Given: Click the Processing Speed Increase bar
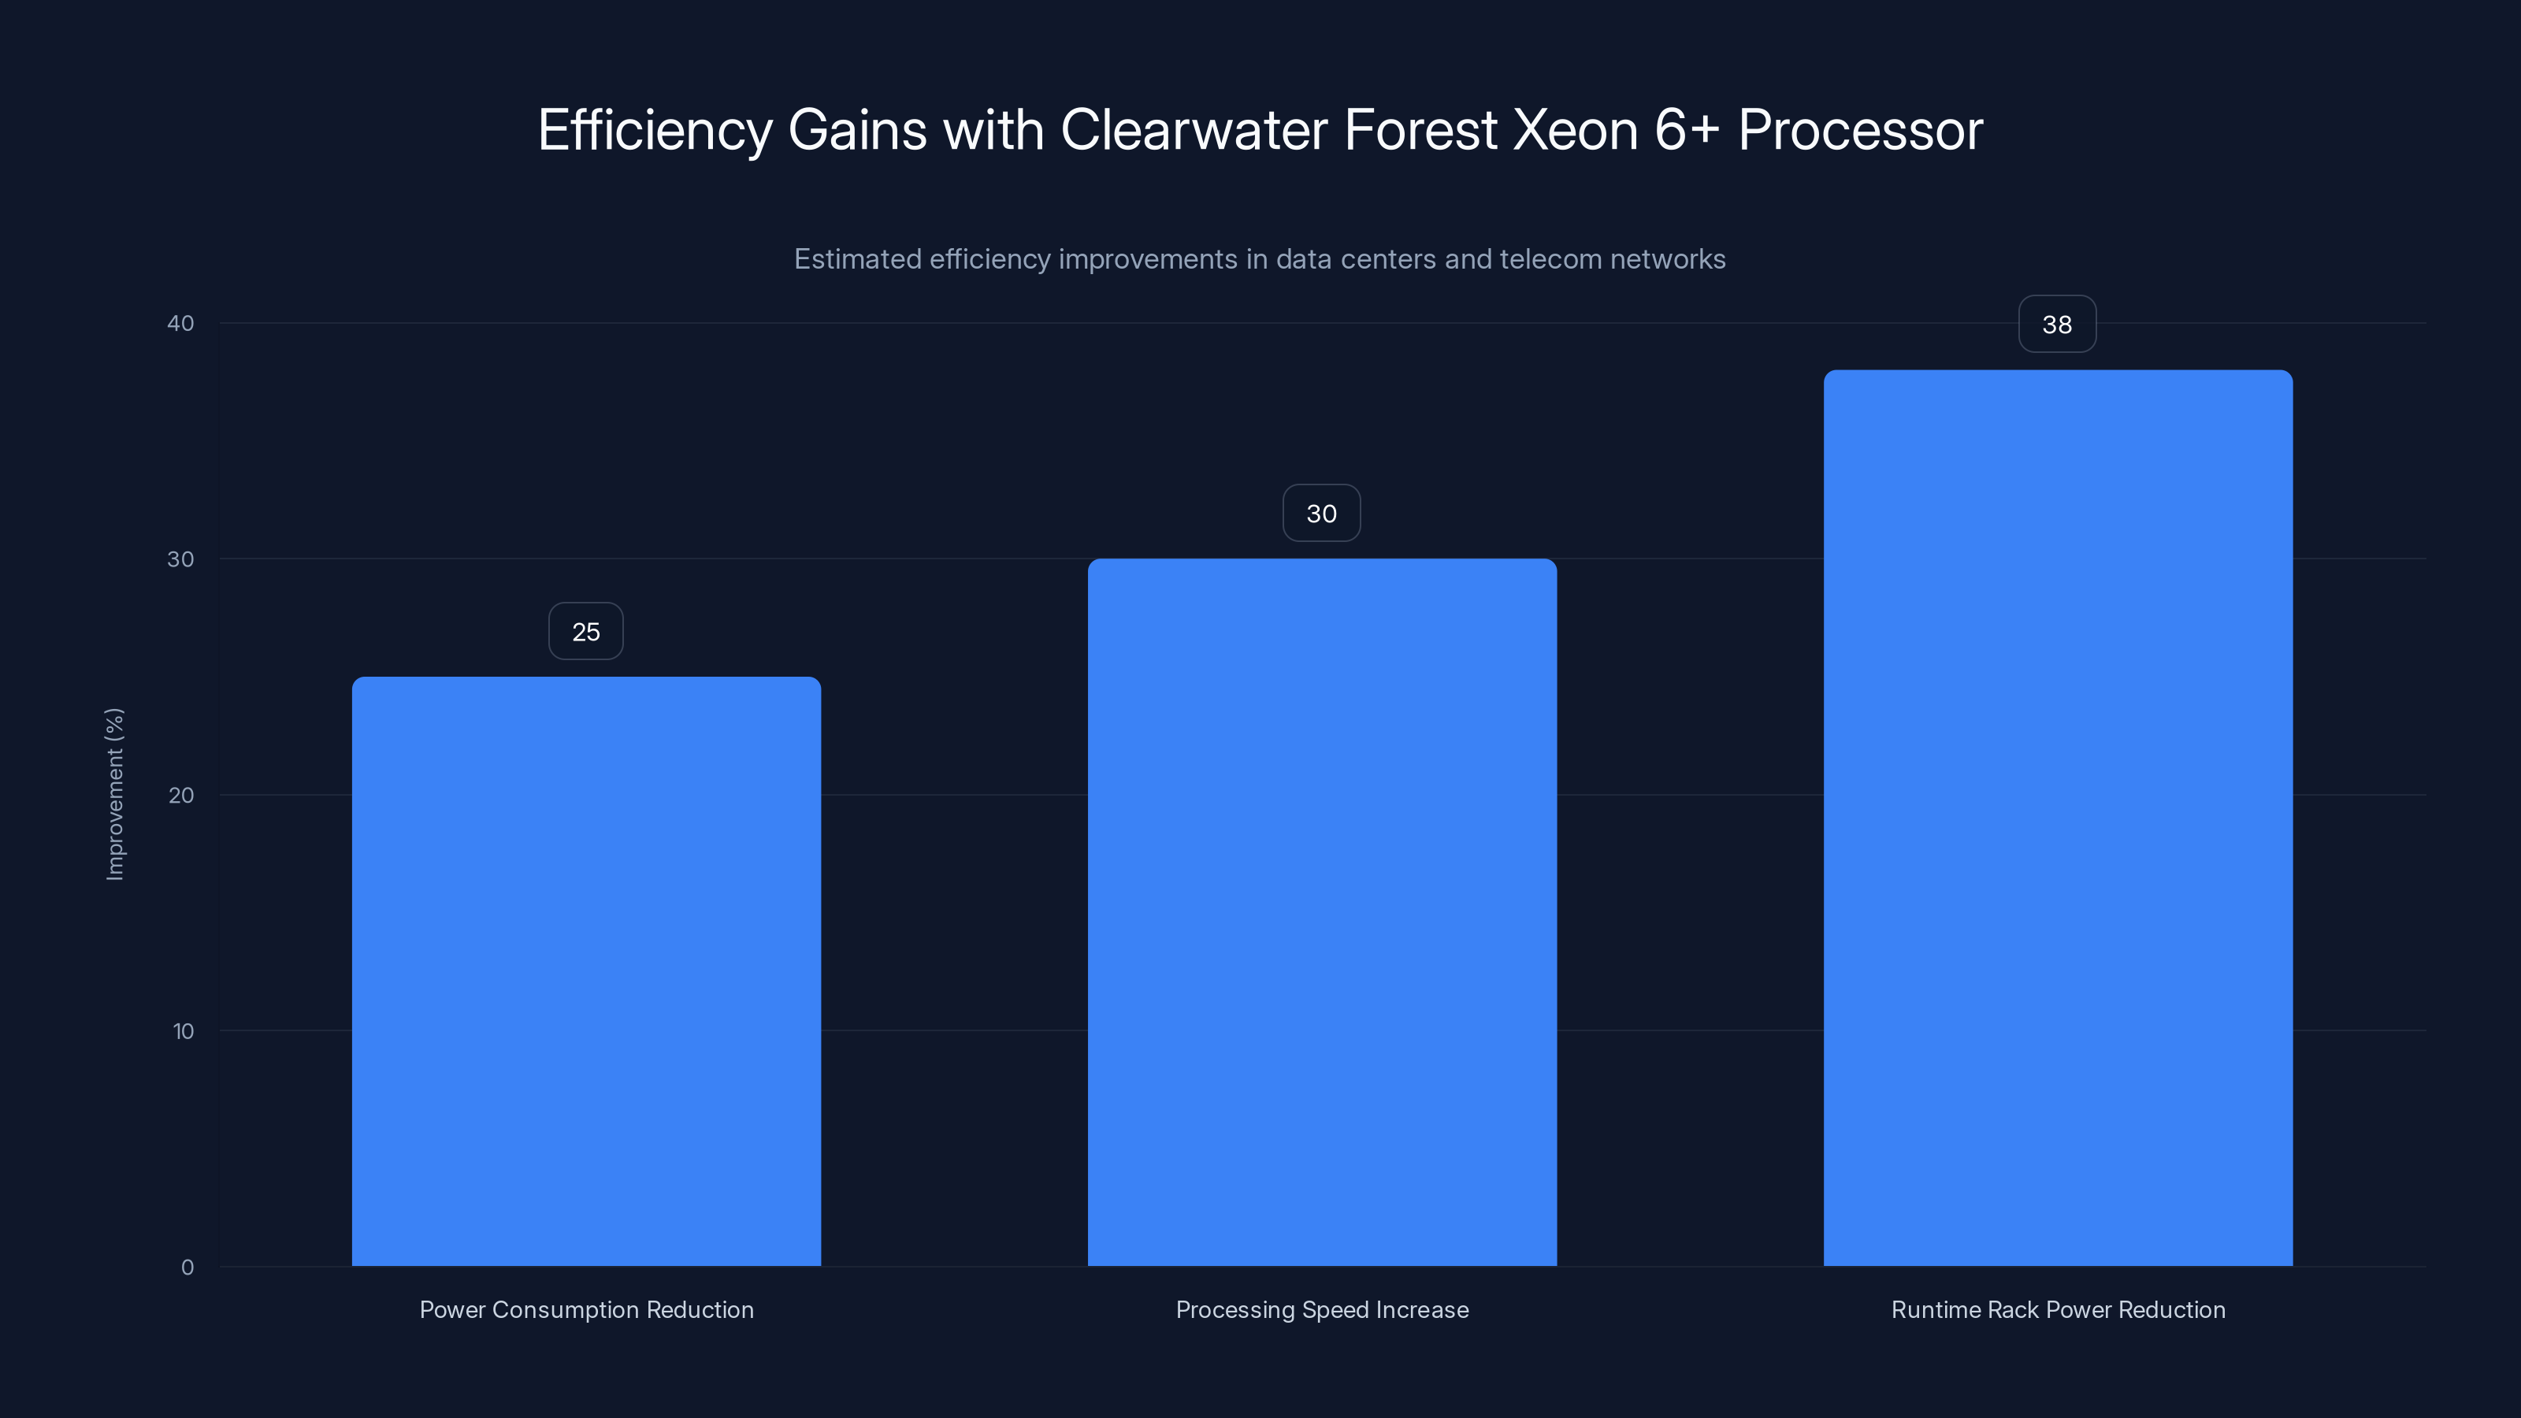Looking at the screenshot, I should pos(1321,912).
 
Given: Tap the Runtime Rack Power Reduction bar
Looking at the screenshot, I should pos(2057,819).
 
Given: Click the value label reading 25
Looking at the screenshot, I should pos(585,632).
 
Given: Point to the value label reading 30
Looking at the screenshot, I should pos(1321,514).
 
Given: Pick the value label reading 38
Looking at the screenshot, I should pos(2057,325).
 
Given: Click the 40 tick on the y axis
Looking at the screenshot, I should pos(180,324).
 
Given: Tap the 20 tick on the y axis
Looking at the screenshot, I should pos(180,796).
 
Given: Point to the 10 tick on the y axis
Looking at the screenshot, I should pos(182,1031).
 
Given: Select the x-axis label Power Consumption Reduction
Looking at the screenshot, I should pos(586,1310).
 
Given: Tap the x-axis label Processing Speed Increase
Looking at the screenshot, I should pos(1321,1310).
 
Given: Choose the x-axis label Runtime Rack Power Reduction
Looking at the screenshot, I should pos(2057,1310).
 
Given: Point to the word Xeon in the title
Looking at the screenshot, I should pos(1575,130).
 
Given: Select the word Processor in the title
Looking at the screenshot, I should pos(1859,130).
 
